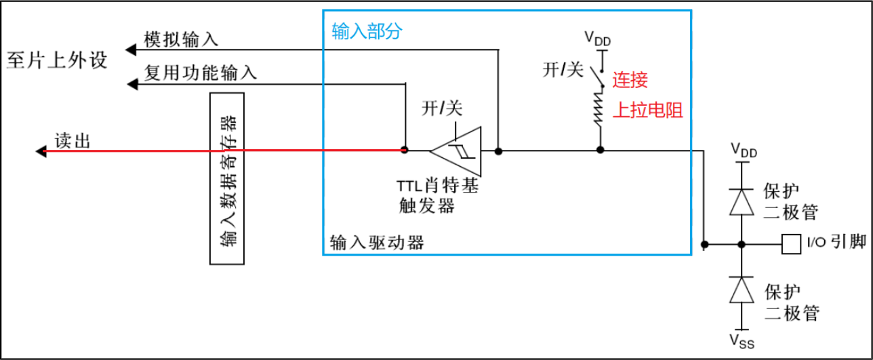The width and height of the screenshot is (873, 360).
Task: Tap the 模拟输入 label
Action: point(181,39)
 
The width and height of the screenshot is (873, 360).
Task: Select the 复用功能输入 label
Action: point(201,73)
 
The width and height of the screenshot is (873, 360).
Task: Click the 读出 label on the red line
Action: point(73,141)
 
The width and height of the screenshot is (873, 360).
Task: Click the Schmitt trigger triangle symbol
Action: point(455,151)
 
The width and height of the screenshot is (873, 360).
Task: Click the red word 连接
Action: point(630,80)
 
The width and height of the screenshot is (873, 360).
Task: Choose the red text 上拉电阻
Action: point(647,111)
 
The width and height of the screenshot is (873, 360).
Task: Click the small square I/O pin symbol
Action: point(789,243)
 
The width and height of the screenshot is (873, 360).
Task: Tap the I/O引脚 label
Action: point(836,243)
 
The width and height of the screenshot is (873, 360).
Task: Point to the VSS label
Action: point(742,338)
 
